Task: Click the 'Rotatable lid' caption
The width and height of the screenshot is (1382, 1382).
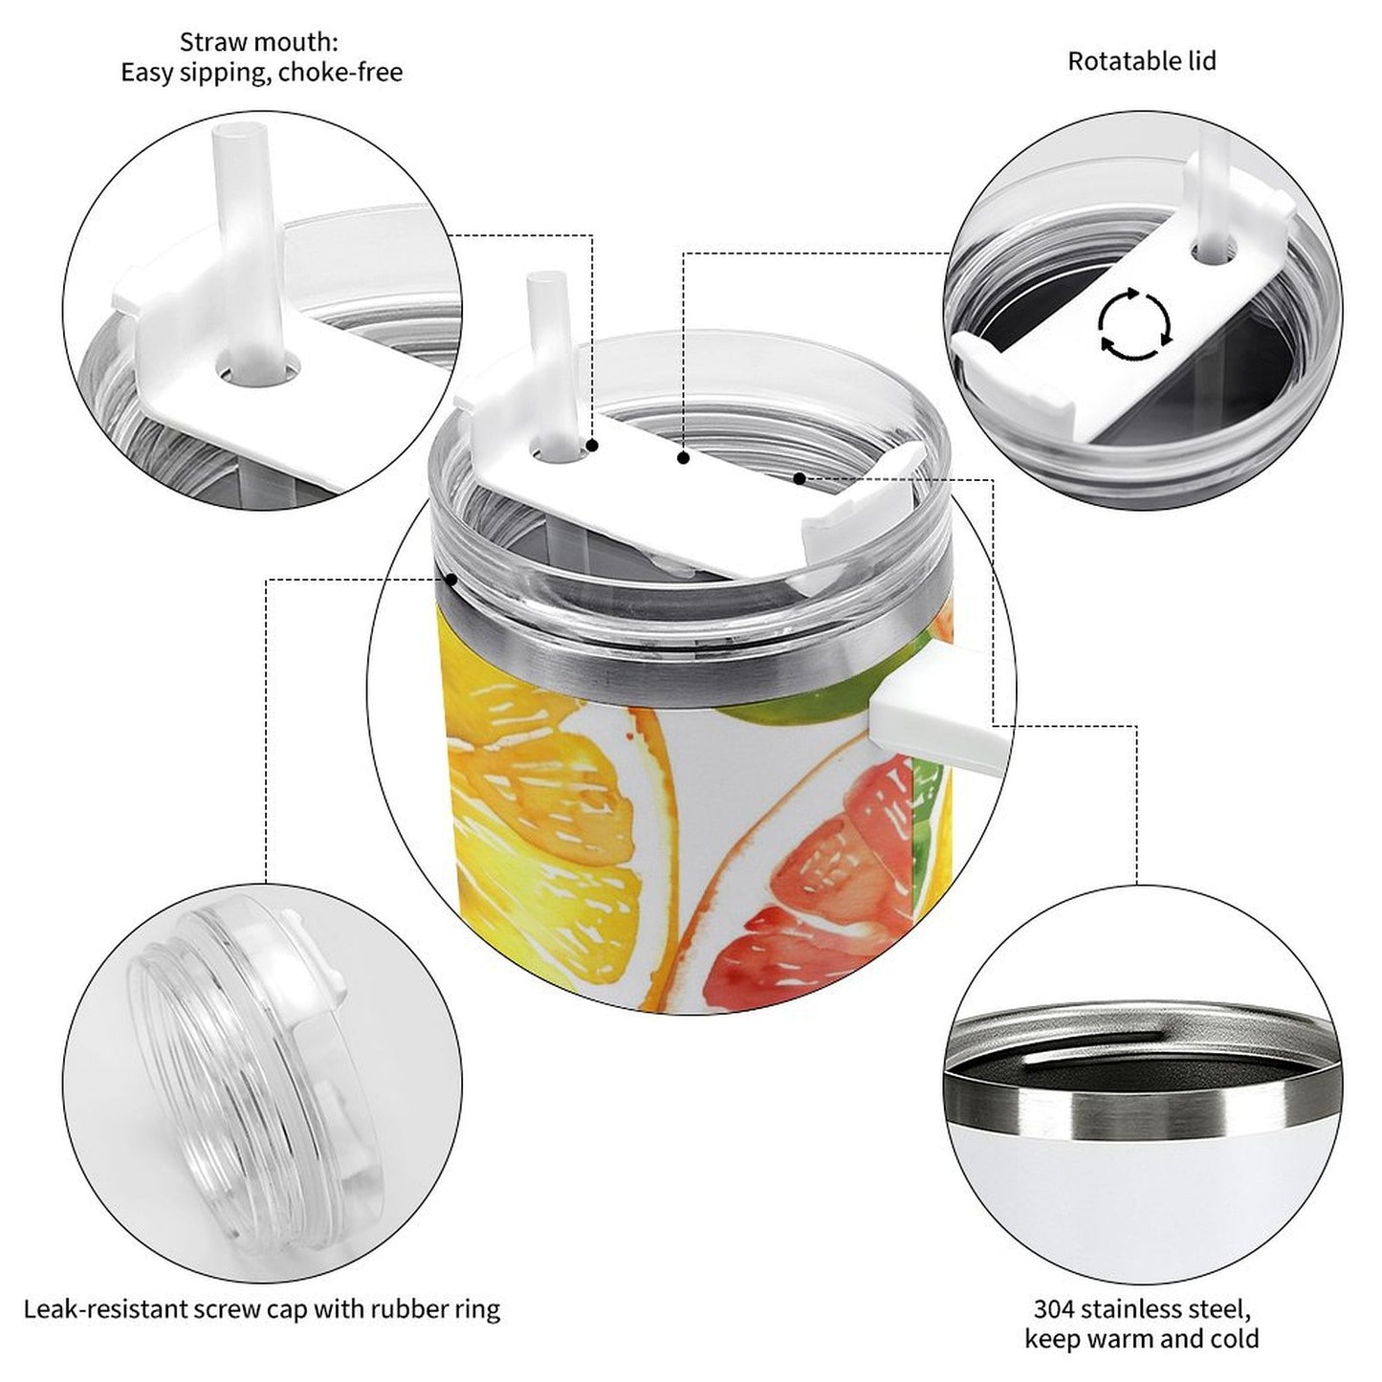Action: tap(1141, 61)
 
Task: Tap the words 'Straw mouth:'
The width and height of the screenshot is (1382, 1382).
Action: tap(259, 42)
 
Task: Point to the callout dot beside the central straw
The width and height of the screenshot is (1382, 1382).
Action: tap(593, 446)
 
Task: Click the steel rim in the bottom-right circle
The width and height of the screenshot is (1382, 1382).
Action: tap(1138, 1109)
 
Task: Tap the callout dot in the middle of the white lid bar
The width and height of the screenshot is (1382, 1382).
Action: tap(683, 459)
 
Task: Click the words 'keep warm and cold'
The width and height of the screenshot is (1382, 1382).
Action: tap(1141, 1339)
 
